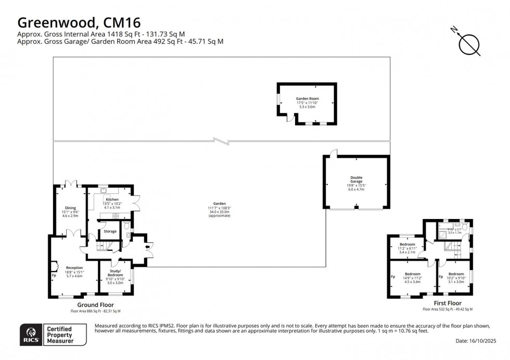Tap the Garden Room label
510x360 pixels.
pos(307,98)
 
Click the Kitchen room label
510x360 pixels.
pos(113,199)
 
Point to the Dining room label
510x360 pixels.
pos(70,208)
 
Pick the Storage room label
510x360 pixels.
pos(110,231)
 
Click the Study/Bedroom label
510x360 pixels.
pos(115,273)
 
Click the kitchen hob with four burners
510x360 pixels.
pos(116,215)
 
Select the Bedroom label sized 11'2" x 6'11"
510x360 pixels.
pos(407,245)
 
